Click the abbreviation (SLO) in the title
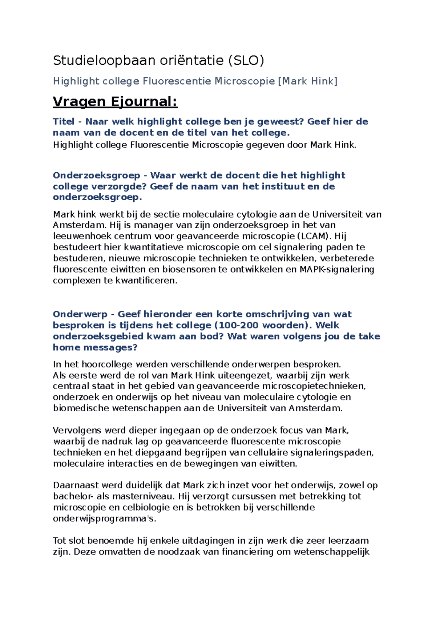[246, 60]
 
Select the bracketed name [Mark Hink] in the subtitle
[307, 81]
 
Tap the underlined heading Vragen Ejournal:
[115, 101]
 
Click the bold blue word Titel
[64, 121]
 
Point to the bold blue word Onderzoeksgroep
[96, 175]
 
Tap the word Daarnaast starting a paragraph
[76, 485]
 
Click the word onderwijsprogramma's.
[104, 519]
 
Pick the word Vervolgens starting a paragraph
[77, 430]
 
